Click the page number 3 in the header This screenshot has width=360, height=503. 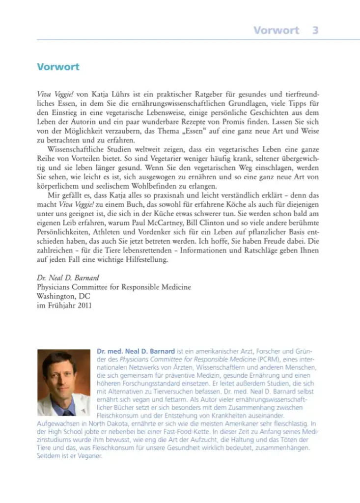pos(315,30)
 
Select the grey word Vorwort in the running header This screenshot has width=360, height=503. pos(276,30)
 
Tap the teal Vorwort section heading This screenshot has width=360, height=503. pos(58,67)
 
